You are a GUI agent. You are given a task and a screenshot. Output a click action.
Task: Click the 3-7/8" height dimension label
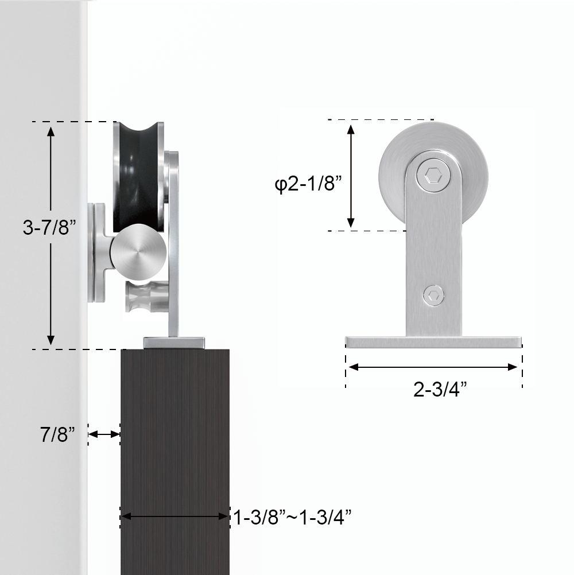click(49, 228)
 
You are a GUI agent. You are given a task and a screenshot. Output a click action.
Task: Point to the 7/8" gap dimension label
click(57, 434)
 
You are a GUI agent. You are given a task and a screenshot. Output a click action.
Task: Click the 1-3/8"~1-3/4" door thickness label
click(292, 518)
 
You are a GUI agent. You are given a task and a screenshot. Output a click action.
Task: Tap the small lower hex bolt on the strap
click(433, 296)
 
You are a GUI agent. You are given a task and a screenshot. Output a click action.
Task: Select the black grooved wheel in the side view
click(135, 172)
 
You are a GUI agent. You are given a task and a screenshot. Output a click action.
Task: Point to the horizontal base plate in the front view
click(433, 343)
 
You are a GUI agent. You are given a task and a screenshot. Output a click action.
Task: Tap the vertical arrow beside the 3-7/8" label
click(51, 235)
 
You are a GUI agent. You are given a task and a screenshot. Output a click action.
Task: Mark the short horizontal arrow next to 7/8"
click(104, 434)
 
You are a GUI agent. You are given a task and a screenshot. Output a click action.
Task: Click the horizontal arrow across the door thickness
click(175, 516)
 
